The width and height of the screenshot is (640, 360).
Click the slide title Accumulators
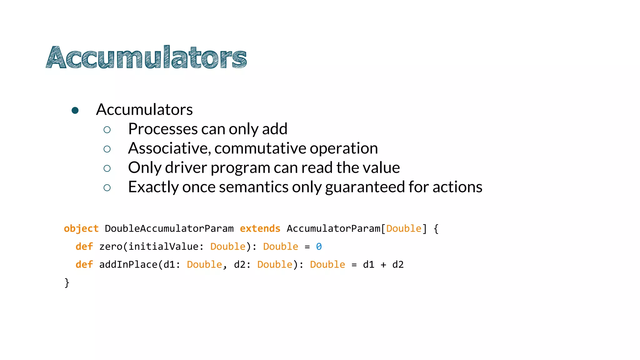[x=146, y=57]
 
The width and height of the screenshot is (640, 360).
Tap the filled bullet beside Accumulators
[x=75, y=110]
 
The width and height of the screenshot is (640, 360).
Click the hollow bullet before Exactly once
[x=107, y=187]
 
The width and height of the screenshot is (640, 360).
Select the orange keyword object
[x=81, y=229]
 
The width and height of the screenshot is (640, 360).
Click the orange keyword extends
[x=260, y=229]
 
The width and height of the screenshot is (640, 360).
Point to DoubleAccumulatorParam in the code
[x=169, y=229]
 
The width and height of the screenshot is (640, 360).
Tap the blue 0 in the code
[x=319, y=247]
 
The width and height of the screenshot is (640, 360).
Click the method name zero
[x=111, y=247]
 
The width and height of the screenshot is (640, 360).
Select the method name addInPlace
[x=128, y=265]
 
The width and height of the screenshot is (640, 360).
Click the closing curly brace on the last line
[x=67, y=283]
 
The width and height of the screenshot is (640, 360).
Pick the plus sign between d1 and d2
[x=383, y=265]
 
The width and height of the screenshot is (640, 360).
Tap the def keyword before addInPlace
[x=84, y=265]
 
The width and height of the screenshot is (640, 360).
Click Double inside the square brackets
[x=404, y=229]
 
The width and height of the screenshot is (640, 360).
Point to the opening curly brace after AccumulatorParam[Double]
[x=436, y=229]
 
